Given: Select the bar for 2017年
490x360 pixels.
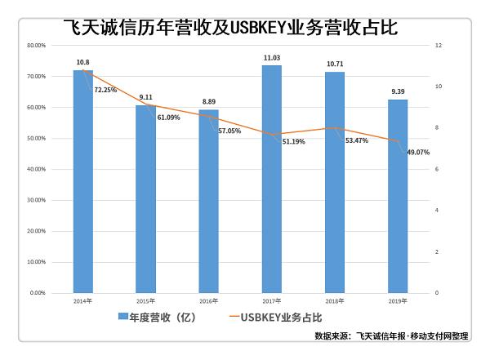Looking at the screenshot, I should coord(271,179).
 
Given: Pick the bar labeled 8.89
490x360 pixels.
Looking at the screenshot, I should coord(208,201).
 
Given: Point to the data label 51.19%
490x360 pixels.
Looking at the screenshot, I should coord(296,141).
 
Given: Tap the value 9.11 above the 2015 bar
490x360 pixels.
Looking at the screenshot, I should coord(145,97).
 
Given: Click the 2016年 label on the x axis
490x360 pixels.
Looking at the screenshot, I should coord(208,300).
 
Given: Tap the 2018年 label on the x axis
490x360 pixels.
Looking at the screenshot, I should coord(334,300).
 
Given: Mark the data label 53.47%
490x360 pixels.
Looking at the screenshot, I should coord(358,140).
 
